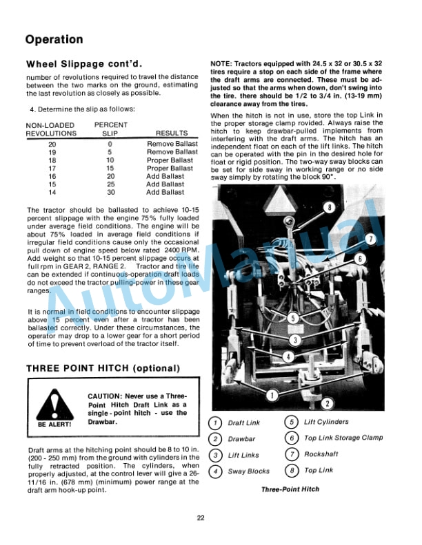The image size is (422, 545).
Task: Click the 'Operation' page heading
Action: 54,39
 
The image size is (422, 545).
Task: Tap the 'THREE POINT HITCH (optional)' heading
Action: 103,368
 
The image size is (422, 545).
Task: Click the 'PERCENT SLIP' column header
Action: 110,129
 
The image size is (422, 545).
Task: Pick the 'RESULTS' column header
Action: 172,133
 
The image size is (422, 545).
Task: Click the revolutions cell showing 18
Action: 52,160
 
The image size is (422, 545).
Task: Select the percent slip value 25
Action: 110,184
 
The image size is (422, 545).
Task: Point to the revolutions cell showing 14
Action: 52,192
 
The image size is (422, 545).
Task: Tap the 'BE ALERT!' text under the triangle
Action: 53,424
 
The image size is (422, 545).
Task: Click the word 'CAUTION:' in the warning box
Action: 105,396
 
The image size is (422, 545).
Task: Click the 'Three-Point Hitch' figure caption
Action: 290,489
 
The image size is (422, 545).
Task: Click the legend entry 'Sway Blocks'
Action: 249,472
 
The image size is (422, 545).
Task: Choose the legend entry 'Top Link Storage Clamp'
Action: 343,438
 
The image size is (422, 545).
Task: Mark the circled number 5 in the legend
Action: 292,423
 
